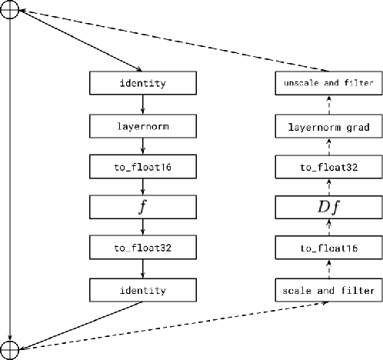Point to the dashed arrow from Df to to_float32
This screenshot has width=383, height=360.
(328, 185)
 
